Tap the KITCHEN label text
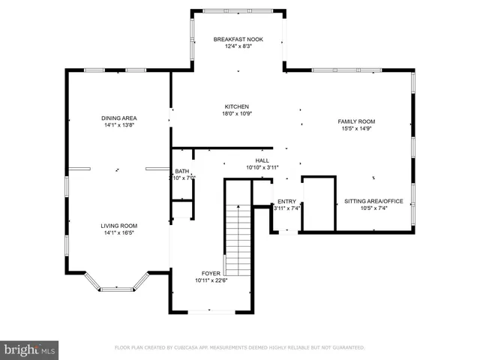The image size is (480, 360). [236, 106]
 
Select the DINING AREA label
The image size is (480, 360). [119, 118]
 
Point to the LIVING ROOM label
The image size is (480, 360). [119, 225]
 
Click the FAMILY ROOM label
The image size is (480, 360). [356, 121]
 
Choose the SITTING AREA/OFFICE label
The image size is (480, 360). [373, 201]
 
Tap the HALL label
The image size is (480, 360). [262, 160]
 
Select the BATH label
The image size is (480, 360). [182, 172]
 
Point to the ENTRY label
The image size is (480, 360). [286, 201]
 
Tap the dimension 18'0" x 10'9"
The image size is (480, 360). [236, 113]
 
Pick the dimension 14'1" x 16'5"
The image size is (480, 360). [119, 232]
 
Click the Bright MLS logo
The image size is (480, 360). [30, 349]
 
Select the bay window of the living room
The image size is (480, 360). [117, 287]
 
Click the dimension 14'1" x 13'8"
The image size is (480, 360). [119, 124]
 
